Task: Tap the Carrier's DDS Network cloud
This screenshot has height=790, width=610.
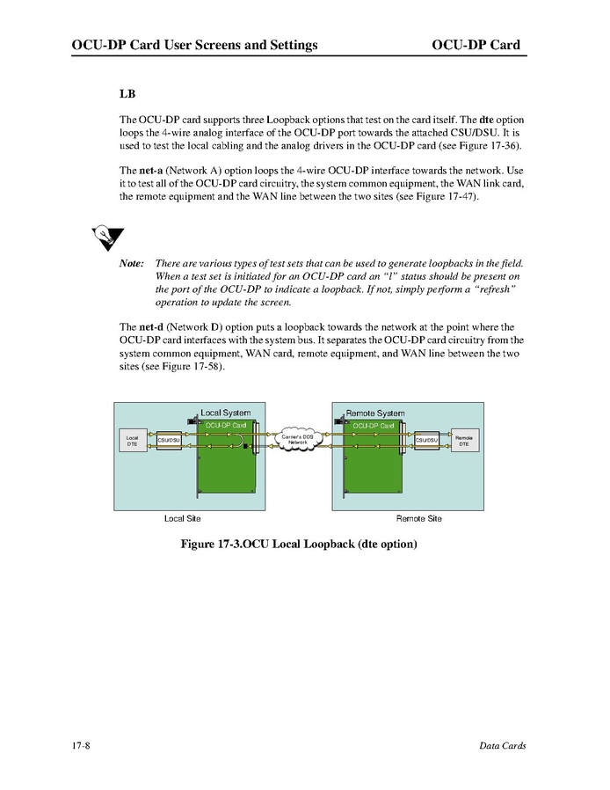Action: click(298, 440)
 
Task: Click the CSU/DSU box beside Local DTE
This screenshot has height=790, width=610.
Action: click(169, 440)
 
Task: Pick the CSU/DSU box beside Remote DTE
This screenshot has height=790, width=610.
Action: click(427, 440)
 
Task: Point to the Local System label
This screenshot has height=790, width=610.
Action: click(225, 413)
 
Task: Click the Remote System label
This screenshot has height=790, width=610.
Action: click(375, 413)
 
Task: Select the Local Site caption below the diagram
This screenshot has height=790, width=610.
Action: click(182, 518)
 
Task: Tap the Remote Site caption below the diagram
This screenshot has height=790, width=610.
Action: click(418, 518)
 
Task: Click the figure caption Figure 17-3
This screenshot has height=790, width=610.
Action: click(298, 545)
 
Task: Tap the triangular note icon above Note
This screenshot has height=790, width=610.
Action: click(106, 237)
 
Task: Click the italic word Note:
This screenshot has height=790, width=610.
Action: click(131, 264)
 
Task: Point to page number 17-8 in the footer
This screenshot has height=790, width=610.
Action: click(83, 746)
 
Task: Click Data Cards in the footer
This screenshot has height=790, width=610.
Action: click(502, 746)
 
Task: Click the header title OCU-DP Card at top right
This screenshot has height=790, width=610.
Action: click(476, 45)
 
